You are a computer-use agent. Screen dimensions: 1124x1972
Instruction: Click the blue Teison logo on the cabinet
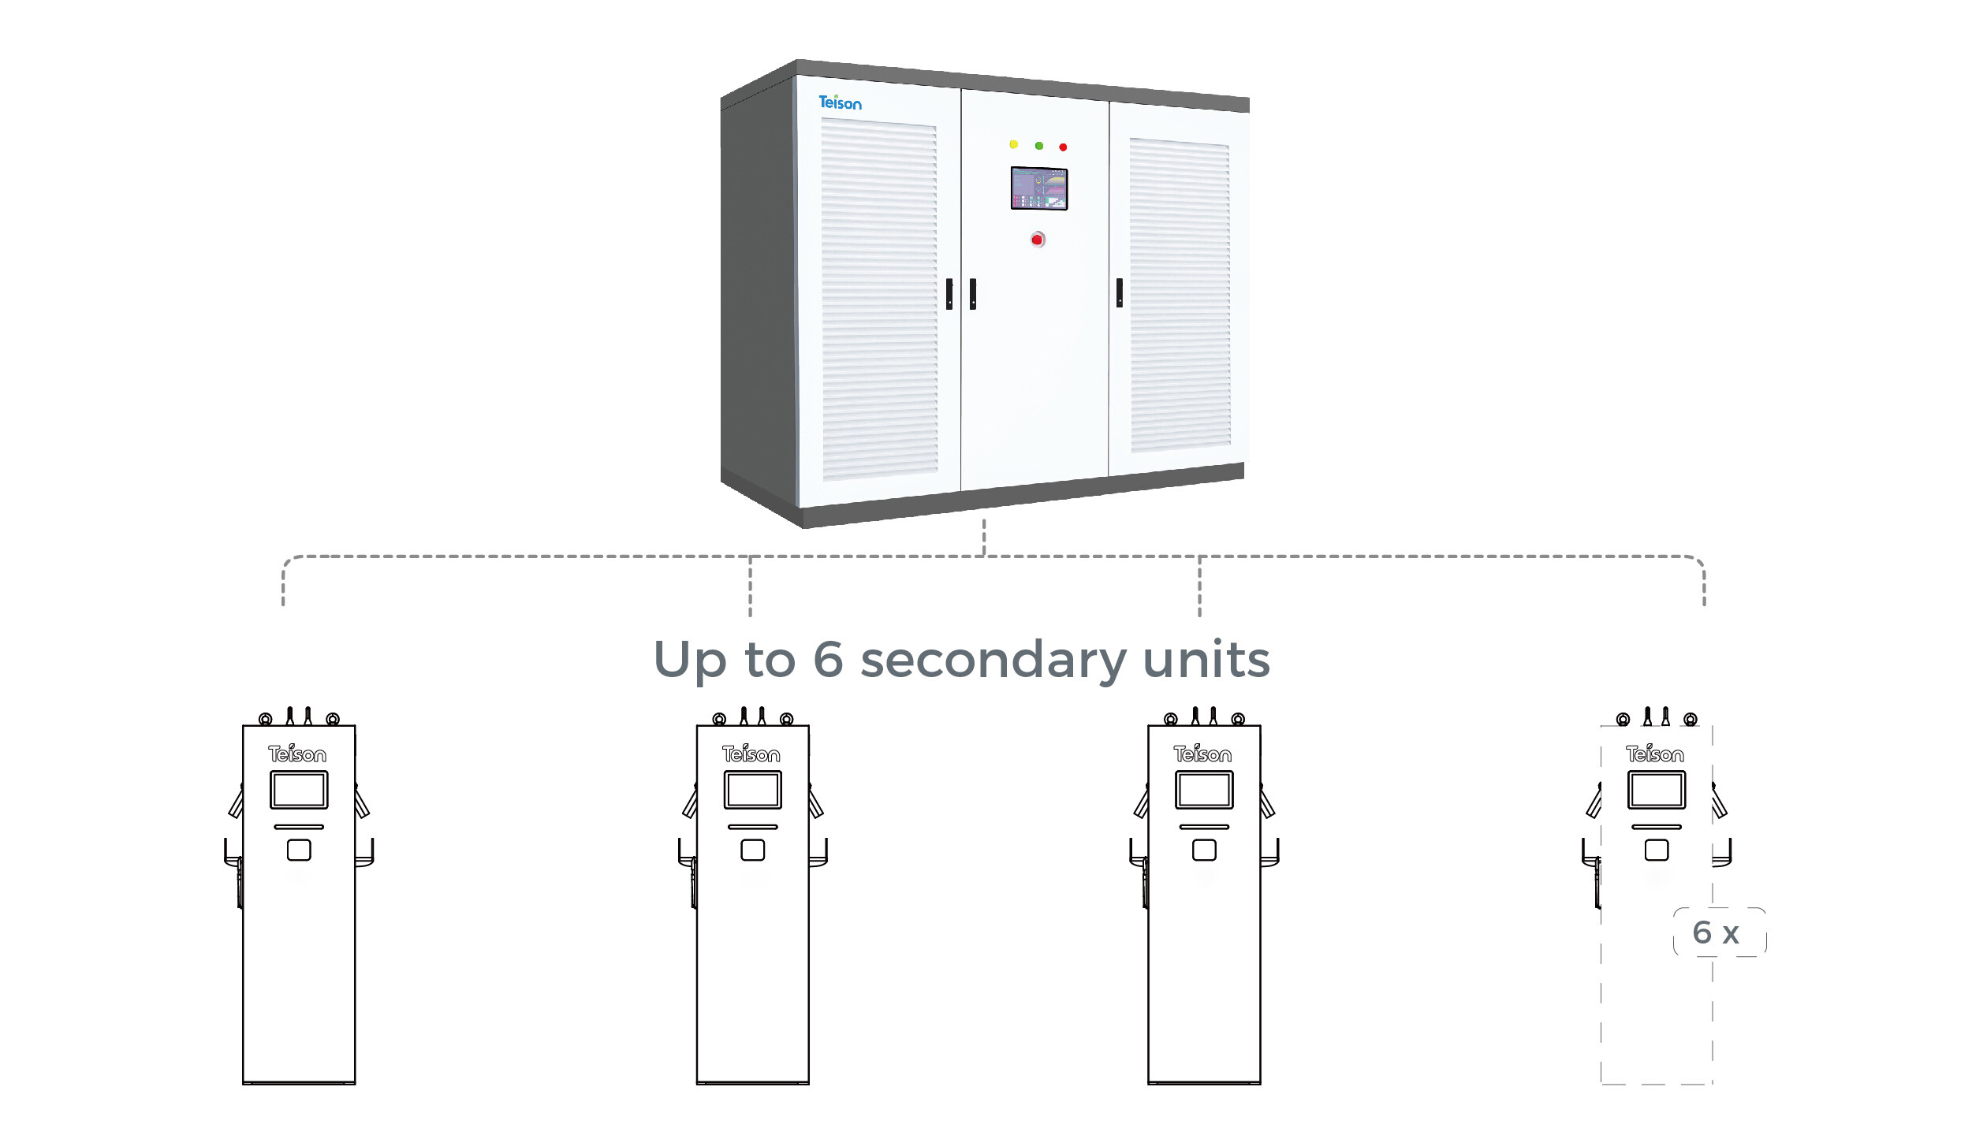pyautogui.click(x=840, y=102)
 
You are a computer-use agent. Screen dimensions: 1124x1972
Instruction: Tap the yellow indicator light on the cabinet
pyautogui.click(x=1014, y=144)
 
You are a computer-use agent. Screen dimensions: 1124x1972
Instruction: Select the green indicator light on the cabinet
pyautogui.click(x=1039, y=146)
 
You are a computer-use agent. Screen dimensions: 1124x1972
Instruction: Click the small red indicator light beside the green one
pyautogui.click(x=1063, y=147)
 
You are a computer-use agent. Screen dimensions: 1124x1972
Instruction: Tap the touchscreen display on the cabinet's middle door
pyautogui.click(x=1039, y=188)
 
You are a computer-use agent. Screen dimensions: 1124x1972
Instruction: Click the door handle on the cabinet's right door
pyautogui.click(x=1120, y=292)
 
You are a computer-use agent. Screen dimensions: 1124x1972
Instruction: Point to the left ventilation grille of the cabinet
pyautogui.click(x=879, y=300)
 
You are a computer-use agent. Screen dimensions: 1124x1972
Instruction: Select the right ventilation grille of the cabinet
pyautogui.click(x=1180, y=295)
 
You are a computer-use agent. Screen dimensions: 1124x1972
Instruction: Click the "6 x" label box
pyautogui.click(x=1719, y=932)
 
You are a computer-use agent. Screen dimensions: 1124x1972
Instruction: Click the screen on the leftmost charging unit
pyautogui.click(x=299, y=790)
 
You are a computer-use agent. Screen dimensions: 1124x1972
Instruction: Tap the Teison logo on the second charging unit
pyautogui.click(x=751, y=754)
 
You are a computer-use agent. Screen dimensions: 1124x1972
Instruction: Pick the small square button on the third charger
pyautogui.click(x=1204, y=850)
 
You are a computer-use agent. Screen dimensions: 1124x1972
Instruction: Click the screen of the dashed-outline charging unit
pyautogui.click(x=1657, y=790)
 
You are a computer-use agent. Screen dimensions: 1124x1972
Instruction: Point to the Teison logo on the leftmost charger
pyautogui.click(x=297, y=754)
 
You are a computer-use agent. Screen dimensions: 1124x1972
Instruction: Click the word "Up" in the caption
pyautogui.click(x=690, y=661)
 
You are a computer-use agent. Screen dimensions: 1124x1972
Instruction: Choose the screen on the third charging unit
pyautogui.click(x=1204, y=790)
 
